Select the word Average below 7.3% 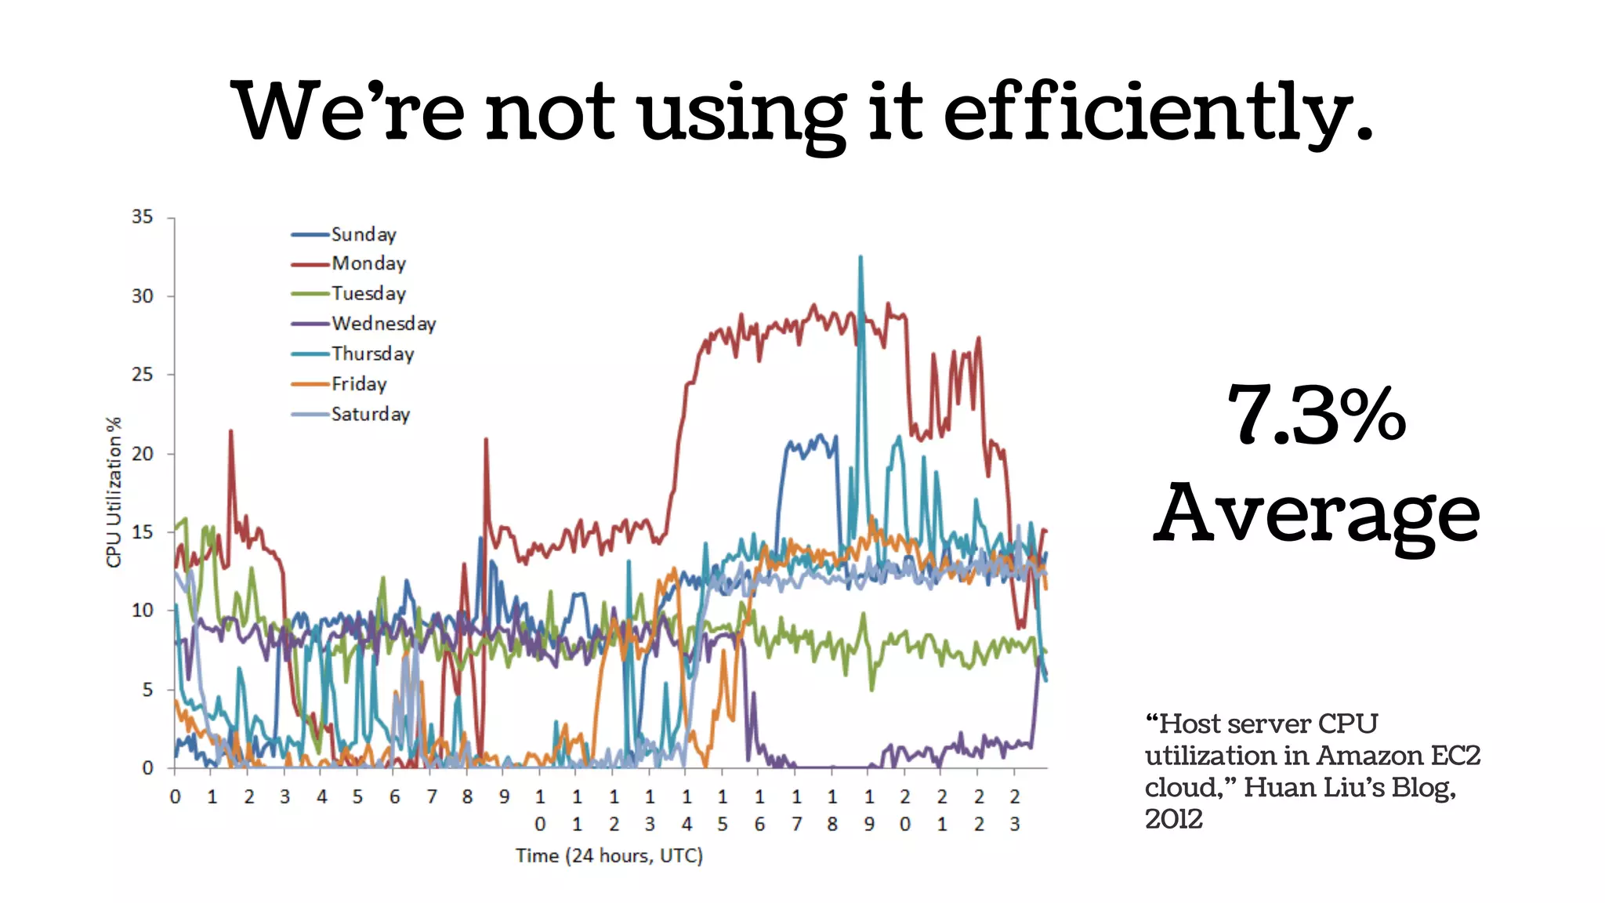point(1316,513)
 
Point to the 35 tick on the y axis point(142,217)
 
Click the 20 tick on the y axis point(142,454)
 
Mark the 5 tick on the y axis point(147,690)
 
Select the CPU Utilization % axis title point(114,492)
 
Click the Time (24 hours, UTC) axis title point(609,855)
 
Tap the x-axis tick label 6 point(394,797)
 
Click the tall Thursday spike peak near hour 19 point(860,257)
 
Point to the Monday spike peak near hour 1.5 point(230,431)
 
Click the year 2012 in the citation point(1173,819)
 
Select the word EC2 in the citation point(1455,756)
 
